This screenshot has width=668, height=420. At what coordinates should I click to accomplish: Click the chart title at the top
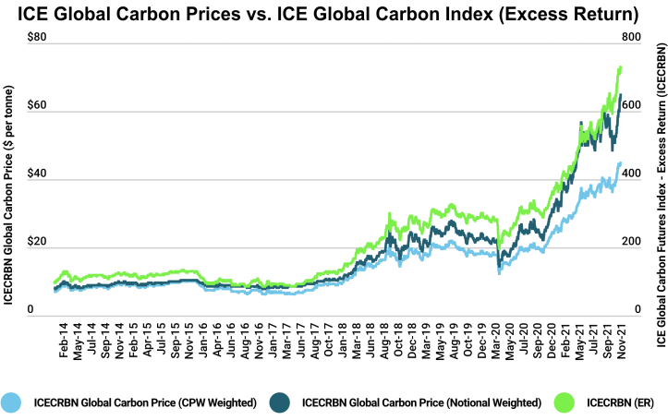[x=334, y=15]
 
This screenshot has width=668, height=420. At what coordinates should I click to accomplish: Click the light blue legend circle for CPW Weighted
[x=12, y=402]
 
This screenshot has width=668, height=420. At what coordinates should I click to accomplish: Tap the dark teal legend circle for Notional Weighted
[x=281, y=402]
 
